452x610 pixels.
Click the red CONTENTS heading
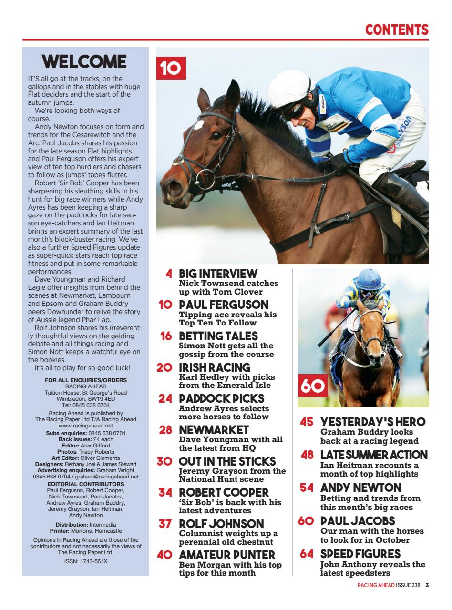397,30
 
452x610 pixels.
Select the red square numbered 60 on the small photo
312,386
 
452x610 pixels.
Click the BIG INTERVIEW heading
218,274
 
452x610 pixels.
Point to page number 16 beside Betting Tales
166,336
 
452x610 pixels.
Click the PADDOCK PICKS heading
221,398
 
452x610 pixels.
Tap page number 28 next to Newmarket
166,430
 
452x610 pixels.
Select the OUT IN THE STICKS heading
227,461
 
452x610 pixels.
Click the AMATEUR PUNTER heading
227,555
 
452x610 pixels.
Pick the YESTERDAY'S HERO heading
373,422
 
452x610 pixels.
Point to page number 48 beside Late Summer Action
308,455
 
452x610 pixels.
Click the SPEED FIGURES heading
360,554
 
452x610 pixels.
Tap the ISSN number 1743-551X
86,561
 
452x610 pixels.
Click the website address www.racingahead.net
86,425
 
